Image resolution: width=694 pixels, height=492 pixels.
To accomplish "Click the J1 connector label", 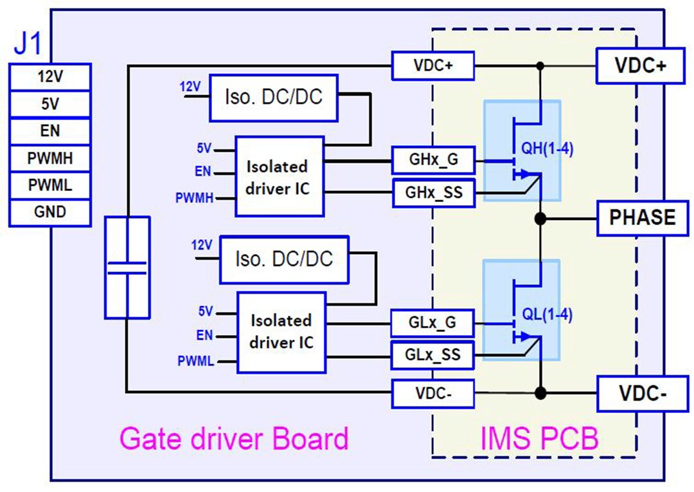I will click(x=28, y=46).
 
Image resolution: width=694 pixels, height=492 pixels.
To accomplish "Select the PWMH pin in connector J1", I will click(x=49, y=158).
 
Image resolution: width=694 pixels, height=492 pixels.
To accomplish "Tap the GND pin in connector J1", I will click(x=49, y=212).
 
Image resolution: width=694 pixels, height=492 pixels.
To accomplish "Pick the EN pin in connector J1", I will click(x=49, y=131).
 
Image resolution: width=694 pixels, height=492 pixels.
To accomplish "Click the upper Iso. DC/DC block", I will click(x=273, y=98).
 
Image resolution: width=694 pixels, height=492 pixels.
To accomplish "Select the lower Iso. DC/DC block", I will click(x=283, y=259).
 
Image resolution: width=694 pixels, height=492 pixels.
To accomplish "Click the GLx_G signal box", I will click(x=432, y=323).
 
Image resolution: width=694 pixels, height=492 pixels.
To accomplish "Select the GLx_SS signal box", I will click(x=432, y=354).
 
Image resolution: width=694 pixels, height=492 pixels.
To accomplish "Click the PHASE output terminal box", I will click(x=643, y=217).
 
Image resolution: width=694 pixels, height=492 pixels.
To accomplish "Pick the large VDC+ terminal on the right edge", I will click(x=640, y=66).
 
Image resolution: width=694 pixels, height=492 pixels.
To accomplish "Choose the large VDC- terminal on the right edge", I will click(x=640, y=392).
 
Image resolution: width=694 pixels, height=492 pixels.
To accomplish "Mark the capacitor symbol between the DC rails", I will click(x=127, y=268).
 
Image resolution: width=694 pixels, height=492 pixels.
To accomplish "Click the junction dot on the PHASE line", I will click(x=540, y=219).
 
